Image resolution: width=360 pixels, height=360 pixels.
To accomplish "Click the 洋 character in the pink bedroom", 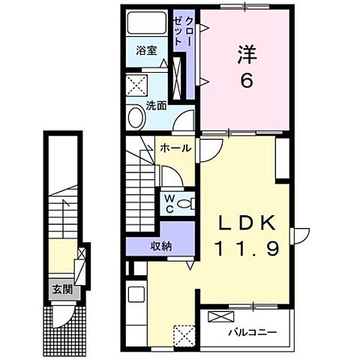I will point(244,55).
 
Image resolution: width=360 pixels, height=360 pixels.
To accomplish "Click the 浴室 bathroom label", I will point(145,50).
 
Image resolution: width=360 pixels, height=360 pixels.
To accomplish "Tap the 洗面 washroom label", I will point(156,106).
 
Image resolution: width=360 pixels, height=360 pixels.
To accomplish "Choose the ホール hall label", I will point(175,148).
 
